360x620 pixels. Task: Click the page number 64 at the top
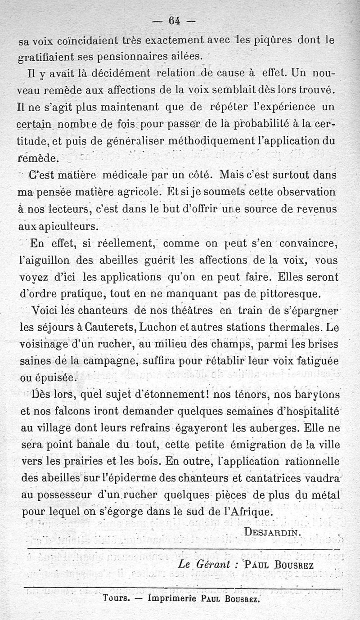click(x=174, y=20)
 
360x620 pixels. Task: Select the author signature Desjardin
click(x=271, y=531)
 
